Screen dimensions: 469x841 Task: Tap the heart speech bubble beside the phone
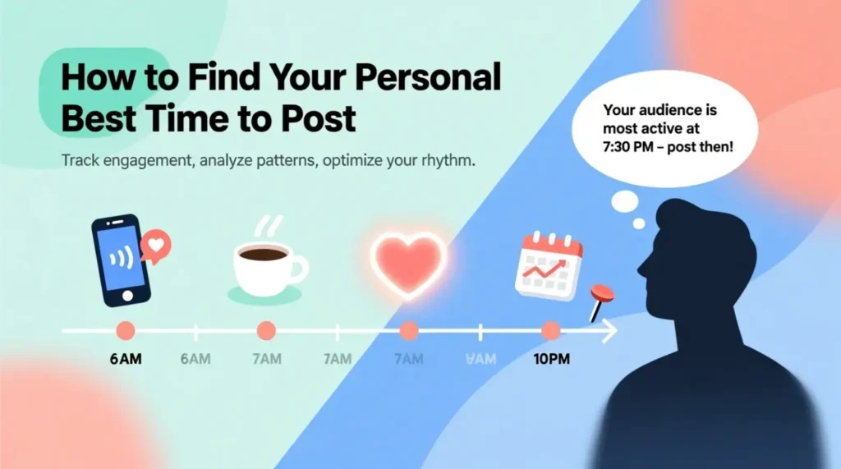tap(157, 244)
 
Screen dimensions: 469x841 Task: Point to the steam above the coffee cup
tap(267, 226)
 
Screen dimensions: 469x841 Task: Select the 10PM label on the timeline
tap(550, 359)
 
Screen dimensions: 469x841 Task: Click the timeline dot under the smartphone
tap(125, 331)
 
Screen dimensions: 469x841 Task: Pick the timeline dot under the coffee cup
tap(266, 331)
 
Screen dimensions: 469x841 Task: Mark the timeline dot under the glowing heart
tap(408, 331)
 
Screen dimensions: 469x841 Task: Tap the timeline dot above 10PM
tap(550, 331)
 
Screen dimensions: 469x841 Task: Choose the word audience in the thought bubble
tap(672, 109)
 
